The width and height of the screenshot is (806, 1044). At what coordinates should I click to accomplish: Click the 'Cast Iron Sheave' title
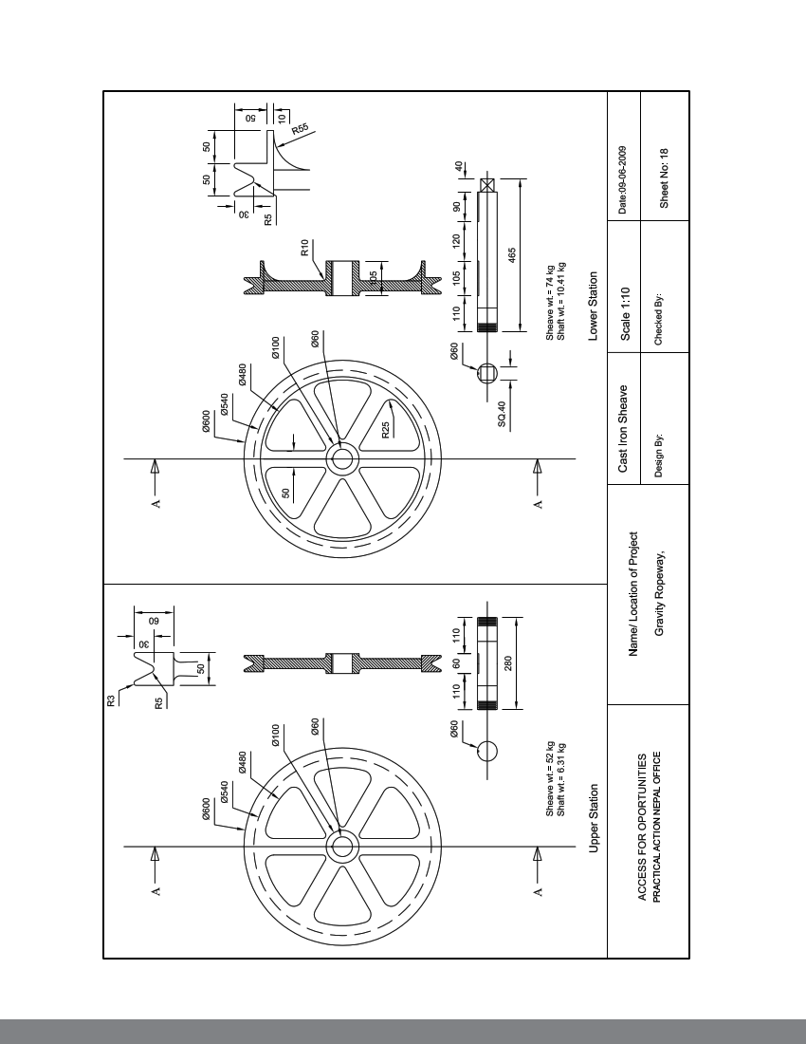pos(624,427)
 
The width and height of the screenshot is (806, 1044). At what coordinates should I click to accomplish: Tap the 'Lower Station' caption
pos(593,306)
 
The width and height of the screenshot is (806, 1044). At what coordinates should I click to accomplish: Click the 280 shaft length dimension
pos(513,662)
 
